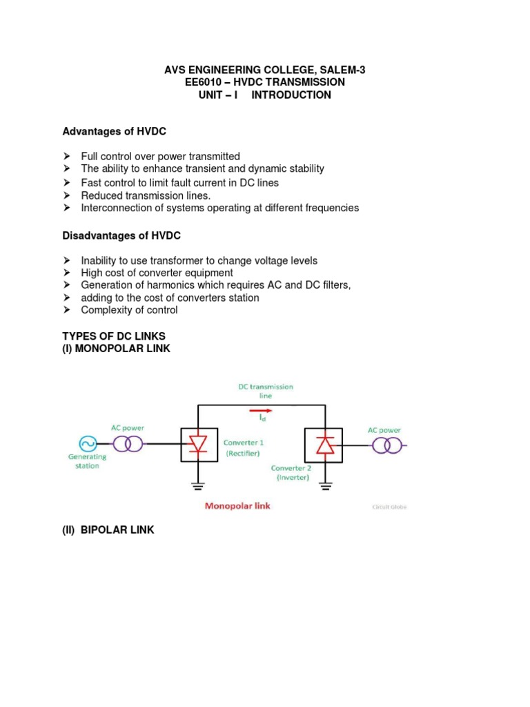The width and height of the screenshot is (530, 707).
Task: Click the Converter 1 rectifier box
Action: click(x=198, y=445)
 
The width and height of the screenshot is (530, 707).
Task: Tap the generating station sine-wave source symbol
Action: click(x=88, y=443)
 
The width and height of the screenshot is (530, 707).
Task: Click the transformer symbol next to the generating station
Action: click(x=128, y=444)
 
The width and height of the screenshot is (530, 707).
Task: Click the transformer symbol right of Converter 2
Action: click(x=387, y=445)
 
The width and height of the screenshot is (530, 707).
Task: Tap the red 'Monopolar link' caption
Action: click(x=237, y=506)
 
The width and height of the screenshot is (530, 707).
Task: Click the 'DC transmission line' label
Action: click(x=266, y=391)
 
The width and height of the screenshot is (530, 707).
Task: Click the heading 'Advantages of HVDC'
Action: click(x=115, y=131)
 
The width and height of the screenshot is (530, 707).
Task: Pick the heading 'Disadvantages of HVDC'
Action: click(x=121, y=235)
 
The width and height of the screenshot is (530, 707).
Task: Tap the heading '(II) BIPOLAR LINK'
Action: click(x=108, y=530)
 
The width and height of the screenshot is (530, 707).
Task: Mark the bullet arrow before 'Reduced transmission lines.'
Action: click(x=67, y=195)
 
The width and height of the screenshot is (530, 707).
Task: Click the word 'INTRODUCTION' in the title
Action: click(x=291, y=95)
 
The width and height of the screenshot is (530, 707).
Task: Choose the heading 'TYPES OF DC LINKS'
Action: click(x=114, y=336)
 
